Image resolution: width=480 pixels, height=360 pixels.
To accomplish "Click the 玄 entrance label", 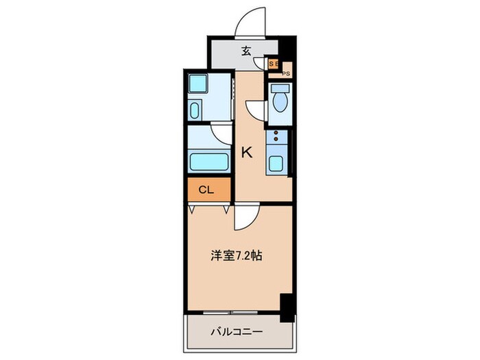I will tap(245, 50).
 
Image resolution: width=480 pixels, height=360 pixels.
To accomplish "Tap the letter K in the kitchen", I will tap(247, 152).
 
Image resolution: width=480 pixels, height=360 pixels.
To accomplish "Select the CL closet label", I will tap(206, 190).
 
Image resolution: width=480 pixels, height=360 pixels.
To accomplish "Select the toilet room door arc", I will tap(256, 111).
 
